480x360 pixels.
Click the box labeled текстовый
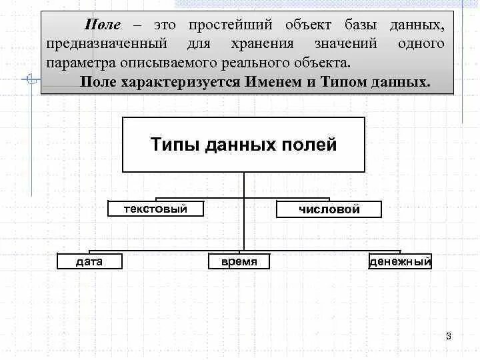pos(156,209)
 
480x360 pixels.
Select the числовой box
pos(329,209)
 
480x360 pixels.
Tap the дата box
pos(89,261)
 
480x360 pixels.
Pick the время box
pos(239,261)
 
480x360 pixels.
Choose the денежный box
pos(401,261)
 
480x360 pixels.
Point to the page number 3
pos(449,335)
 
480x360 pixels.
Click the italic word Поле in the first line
pos(102,25)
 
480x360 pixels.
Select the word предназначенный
pos(107,44)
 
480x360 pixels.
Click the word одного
pos(421,44)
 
